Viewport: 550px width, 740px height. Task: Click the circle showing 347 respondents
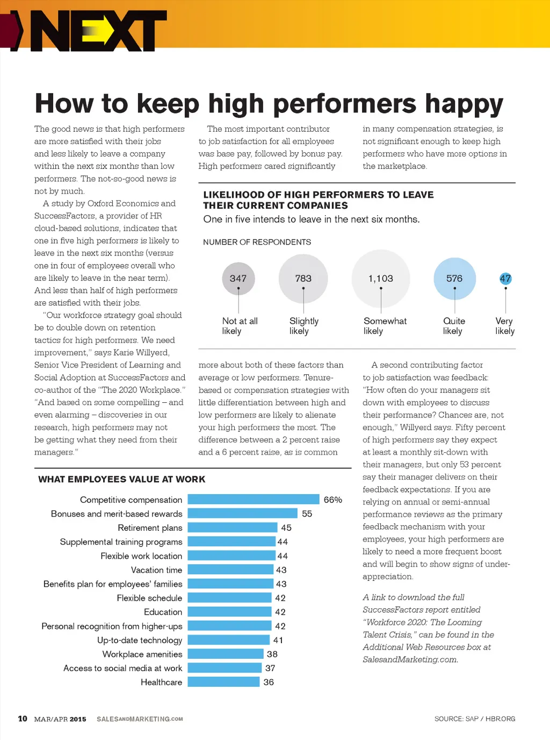tap(238, 279)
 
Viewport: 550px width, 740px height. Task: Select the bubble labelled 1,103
tap(381, 279)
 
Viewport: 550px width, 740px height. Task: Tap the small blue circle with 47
tap(505, 279)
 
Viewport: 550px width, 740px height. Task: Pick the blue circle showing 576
tap(454, 279)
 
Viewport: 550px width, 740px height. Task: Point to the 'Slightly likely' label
tap(303, 326)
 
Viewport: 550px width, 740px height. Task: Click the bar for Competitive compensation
tap(254, 500)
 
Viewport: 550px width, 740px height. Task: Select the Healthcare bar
tap(223, 682)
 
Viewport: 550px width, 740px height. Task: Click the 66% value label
tap(332, 500)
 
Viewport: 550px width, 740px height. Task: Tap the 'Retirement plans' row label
tap(150, 528)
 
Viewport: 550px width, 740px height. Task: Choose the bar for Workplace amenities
tap(226, 654)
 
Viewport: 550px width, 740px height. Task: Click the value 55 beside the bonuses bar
tap(307, 514)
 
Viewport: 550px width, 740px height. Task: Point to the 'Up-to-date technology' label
tap(140, 640)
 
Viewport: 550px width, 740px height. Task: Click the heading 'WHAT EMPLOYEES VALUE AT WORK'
tap(121, 479)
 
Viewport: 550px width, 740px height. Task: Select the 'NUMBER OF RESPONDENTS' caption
tap(257, 242)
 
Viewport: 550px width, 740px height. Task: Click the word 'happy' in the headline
tap(464, 104)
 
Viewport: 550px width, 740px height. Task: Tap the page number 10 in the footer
tap(23, 718)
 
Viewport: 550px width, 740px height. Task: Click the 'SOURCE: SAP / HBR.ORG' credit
tap(475, 718)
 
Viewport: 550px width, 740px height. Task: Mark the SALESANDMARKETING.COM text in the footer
tap(140, 719)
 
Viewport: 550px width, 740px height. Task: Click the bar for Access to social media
tap(225, 668)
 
